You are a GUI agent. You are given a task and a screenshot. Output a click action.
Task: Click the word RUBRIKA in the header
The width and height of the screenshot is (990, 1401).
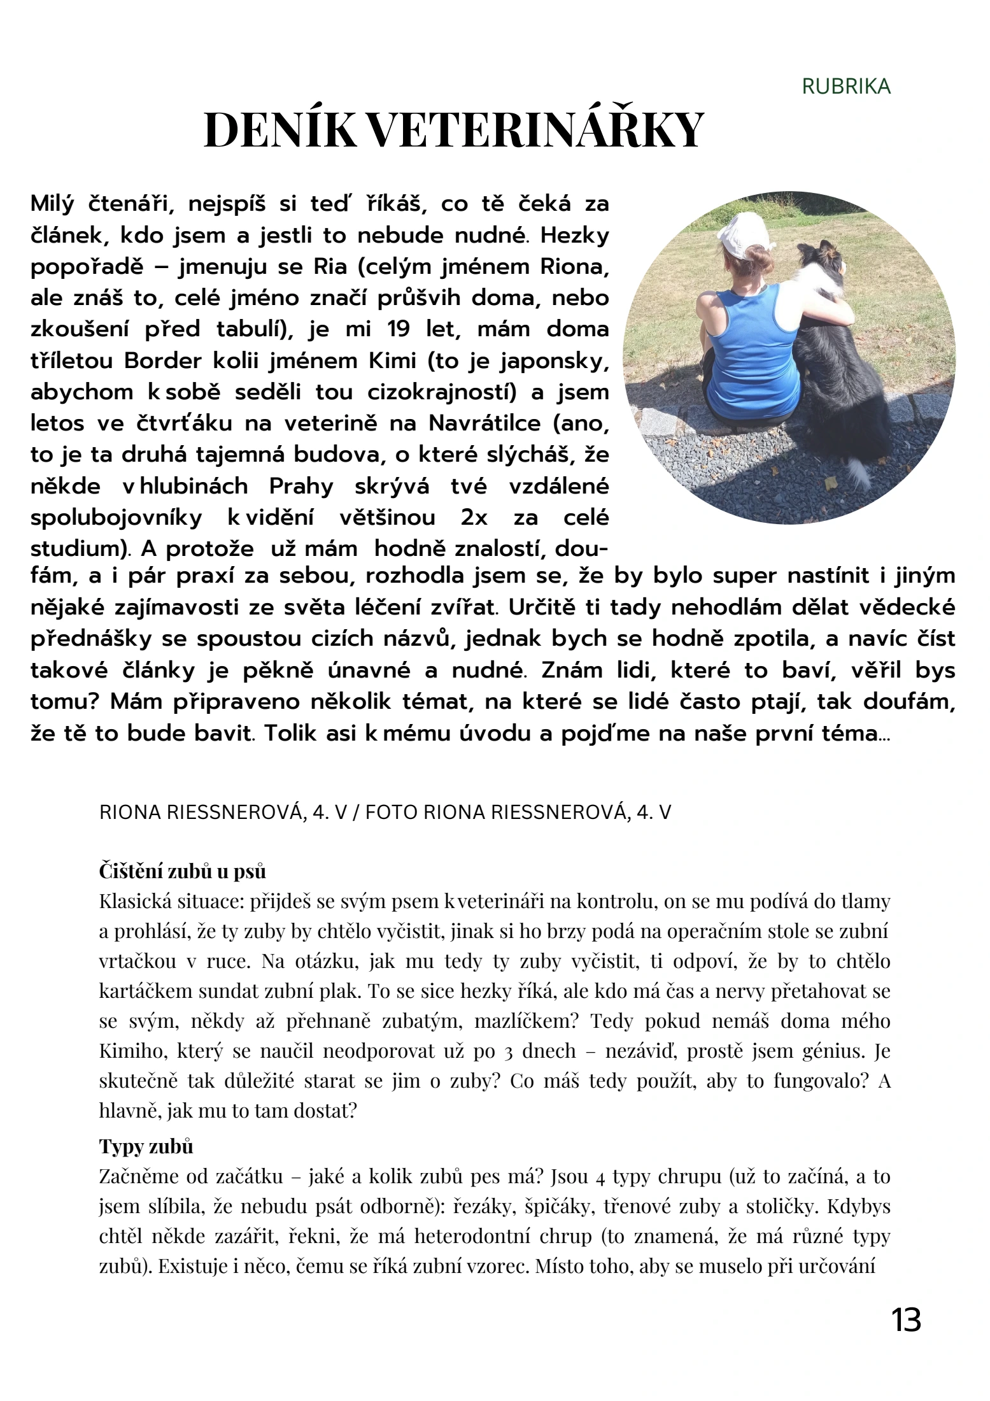tap(845, 87)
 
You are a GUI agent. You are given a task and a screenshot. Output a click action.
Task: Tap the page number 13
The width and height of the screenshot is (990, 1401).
tap(906, 1320)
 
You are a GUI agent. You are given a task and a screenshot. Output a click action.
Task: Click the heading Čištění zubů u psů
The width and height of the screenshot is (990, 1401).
tap(182, 871)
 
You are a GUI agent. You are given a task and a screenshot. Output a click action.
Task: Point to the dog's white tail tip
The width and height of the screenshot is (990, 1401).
tap(859, 471)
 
